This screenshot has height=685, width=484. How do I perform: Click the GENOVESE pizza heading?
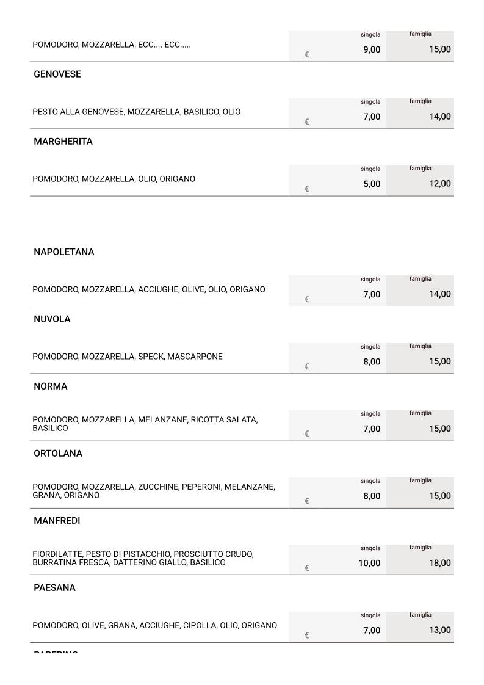point(57,74)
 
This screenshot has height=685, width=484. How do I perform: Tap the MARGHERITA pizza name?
point(63,142)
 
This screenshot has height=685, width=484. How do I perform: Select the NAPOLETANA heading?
point(64,252)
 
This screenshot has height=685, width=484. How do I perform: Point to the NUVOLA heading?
point(52,319)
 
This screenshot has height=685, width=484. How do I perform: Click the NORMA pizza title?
point(51,386)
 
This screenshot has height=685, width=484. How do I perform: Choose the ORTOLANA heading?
point(58,454)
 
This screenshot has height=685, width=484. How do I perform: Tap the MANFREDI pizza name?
point(57,521)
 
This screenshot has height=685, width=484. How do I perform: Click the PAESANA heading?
point(54,588)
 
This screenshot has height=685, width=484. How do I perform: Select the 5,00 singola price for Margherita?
point(372,184)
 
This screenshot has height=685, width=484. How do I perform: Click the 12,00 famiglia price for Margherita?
point(439,184)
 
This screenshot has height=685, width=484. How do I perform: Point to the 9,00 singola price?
point(372,49)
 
